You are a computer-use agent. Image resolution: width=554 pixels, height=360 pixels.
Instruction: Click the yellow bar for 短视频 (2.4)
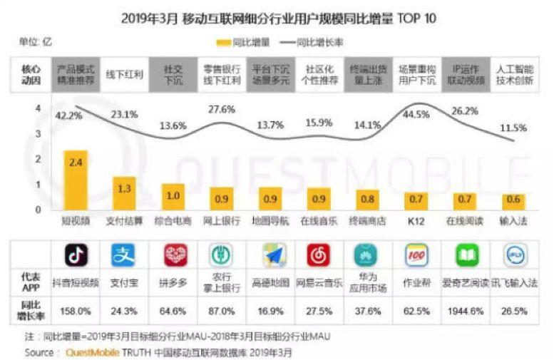point(76,180)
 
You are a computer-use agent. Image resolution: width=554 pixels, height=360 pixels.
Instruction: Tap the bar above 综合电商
point(172,196)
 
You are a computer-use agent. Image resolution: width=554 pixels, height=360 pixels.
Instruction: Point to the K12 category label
point(416,222)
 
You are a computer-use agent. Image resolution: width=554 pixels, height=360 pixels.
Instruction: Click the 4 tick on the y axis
point(37,108)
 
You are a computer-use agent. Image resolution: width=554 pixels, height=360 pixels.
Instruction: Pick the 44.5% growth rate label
point(416,114)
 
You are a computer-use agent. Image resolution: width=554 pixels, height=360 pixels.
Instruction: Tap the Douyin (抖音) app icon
point(76,254)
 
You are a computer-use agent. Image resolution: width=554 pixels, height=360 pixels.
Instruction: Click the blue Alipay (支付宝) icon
point(123,254)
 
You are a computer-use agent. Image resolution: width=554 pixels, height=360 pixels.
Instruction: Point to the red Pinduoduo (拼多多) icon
point(172,254)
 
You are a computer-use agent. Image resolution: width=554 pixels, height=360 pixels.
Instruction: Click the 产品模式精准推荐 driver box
point(76,74)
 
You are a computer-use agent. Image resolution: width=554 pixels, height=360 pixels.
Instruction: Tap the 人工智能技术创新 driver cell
point(514,74)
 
